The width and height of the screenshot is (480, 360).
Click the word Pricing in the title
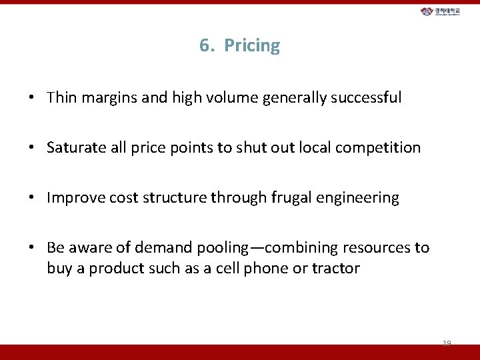coord(252,46)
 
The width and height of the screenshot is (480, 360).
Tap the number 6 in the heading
coord(205,46)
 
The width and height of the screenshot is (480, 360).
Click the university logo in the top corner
coord(444,12)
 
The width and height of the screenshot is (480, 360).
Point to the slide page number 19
coord(447,343)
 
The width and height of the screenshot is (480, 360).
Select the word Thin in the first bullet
coord(62,98)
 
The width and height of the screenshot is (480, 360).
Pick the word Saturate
coord(74,147)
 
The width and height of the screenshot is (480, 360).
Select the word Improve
coord(74,198)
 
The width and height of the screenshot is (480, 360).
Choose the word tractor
coord(338,269)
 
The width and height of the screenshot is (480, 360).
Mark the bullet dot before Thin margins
coord(31,98)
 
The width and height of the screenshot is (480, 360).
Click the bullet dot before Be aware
coord(31,248)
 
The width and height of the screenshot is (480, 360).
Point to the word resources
coord(377,248)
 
